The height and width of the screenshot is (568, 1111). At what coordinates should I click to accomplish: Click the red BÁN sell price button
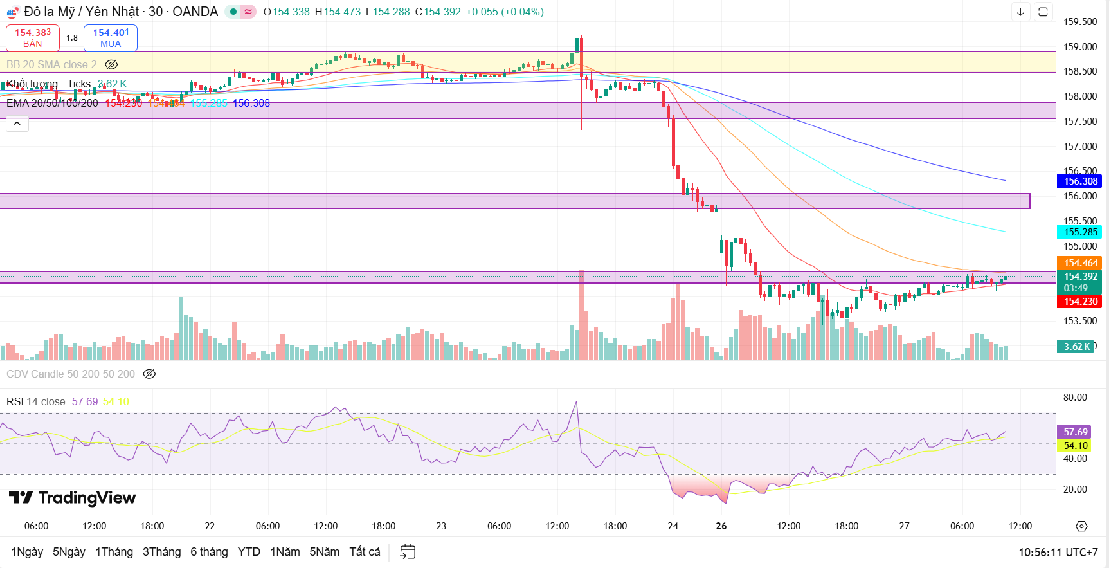[33, 38]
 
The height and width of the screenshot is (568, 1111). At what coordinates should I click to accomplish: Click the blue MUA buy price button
[111, 38]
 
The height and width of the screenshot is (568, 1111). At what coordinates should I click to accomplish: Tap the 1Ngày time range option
[27, 552]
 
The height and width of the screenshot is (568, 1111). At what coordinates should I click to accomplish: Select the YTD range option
[249, 552]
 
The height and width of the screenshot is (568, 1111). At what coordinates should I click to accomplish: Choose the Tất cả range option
[365, 552]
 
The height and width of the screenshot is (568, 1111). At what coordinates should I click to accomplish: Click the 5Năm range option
[324, 552]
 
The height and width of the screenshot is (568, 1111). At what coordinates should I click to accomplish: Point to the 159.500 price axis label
[1080, 22]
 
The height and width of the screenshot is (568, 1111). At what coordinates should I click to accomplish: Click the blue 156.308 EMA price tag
[1080, 181]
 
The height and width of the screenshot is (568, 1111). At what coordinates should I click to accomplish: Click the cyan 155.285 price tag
[1080, 232]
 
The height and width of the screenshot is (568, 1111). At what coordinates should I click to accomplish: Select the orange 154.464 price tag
[1080, 263]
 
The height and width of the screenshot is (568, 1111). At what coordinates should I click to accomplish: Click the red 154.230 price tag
[1080, 302]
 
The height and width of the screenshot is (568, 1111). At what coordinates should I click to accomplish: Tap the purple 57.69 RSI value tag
[1076, 432]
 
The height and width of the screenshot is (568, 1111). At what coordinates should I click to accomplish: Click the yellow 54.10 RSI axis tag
[1076, 446]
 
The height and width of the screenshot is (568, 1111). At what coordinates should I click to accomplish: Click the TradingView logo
[72, 498]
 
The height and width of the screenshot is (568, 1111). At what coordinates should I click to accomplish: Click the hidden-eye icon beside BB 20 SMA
[111, 64]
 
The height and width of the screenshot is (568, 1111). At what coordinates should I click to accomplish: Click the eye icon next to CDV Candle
[149, 374]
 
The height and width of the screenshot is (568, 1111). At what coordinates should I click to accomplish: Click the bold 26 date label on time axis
[721, 526]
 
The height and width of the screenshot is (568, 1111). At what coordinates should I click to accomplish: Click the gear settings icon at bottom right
[1081, 526]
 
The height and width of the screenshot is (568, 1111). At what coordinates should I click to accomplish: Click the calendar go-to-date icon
[408, 552]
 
